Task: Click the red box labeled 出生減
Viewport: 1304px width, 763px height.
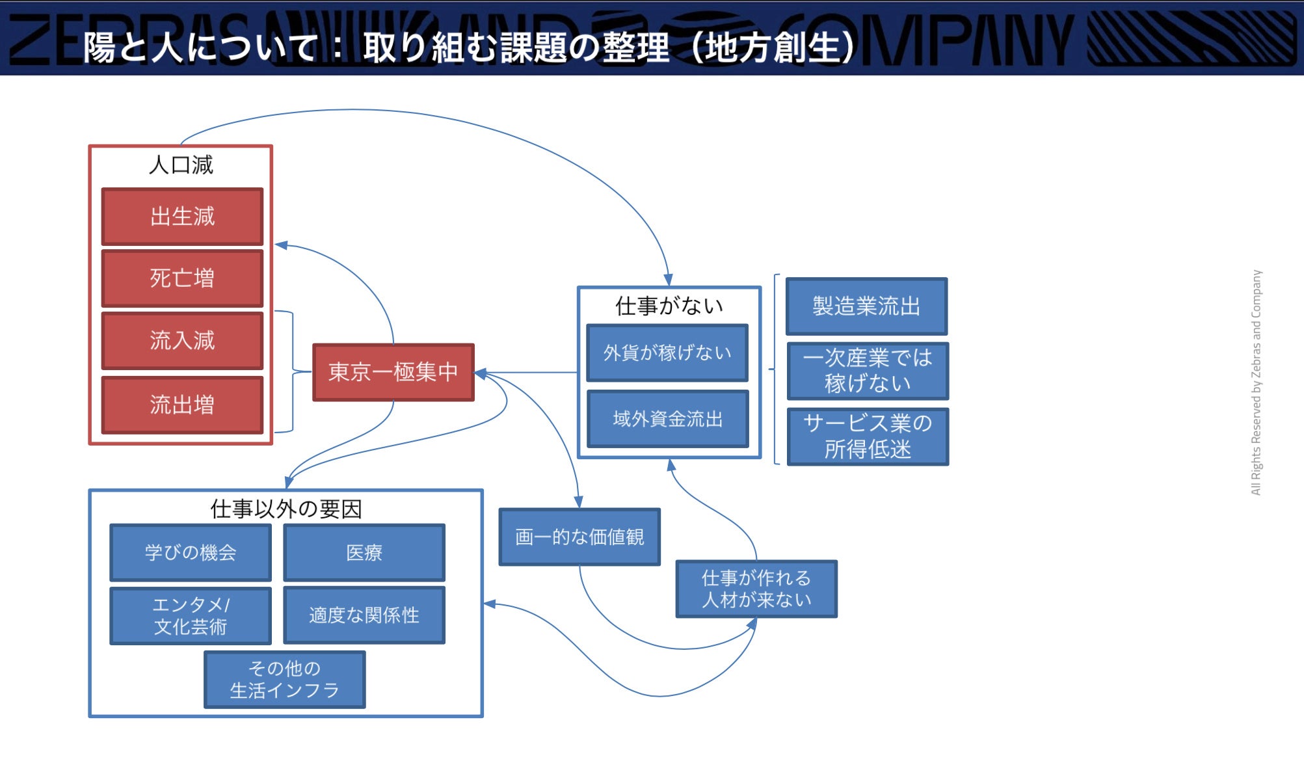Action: (x=182, y=217)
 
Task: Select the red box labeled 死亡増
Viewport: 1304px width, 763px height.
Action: (x=182, y=278)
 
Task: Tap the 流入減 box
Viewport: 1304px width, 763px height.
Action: (x=182, y=340)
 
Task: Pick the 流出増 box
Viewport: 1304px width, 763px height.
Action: (x=182, y=405)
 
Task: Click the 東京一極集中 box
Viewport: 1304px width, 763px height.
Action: (x=393, y=372)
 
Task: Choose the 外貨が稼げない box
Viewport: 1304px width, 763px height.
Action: (x=667, y=353)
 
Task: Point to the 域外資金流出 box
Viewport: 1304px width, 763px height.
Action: (x=667, y=419)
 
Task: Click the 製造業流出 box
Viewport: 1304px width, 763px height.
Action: (x=866, y=306)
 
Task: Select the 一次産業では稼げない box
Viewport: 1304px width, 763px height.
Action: (x=868, y=371)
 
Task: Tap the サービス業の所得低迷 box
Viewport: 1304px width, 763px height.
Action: (x=868, y=436)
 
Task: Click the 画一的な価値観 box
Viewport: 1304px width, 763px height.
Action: (x=579, y=537)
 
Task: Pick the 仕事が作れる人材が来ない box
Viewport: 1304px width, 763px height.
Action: (x=756, y=589)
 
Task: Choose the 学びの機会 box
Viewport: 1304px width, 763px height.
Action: (x=191, y=552)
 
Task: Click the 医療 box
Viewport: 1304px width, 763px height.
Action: (x=364, y=552)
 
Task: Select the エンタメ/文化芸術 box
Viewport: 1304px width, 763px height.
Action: (x=191, y=616)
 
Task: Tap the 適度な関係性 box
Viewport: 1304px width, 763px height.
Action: (x=364, y=615)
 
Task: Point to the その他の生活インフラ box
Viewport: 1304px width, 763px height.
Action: (x=285, y=679)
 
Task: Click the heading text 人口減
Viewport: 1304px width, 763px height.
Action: (x=181, y=165)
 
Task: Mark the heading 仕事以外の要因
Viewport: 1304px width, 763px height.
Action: (x=286, y=509)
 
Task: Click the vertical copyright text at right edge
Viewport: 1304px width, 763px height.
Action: (x=1256, y=382)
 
